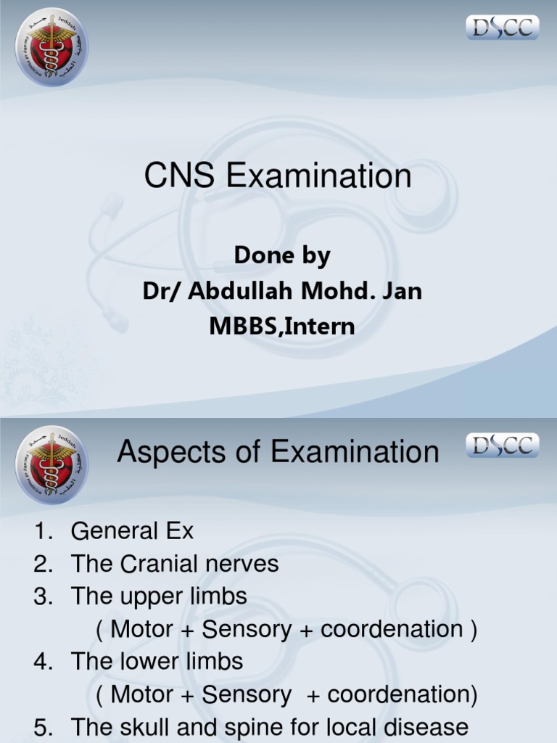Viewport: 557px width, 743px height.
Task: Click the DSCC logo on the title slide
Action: pyautogui.click(x=502, y=28)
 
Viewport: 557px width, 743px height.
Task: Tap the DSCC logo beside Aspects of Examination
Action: pyautogui.click(x=502, y=445)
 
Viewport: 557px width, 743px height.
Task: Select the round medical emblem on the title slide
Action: pyautogui.click(x=51, y=46)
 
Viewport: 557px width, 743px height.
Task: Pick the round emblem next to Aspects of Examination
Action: pyautogui.click(x=51, y=464)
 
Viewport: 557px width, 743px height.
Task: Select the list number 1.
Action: pyautogui.click(x=42, y=532)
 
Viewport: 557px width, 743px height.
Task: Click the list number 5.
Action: pyautogui.click(x=42, y=727)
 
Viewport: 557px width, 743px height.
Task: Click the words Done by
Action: pyautogui.click(x=282, y=256)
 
